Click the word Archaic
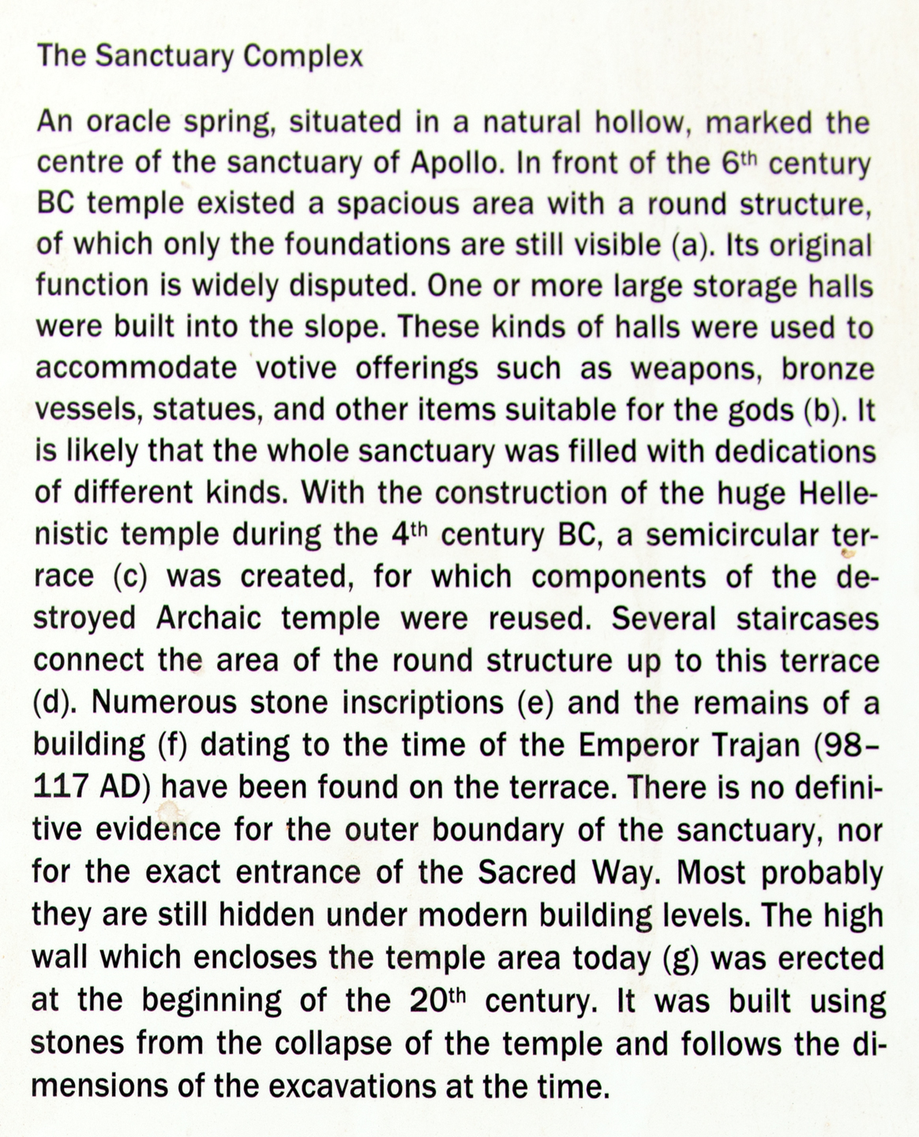click(208, 618)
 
